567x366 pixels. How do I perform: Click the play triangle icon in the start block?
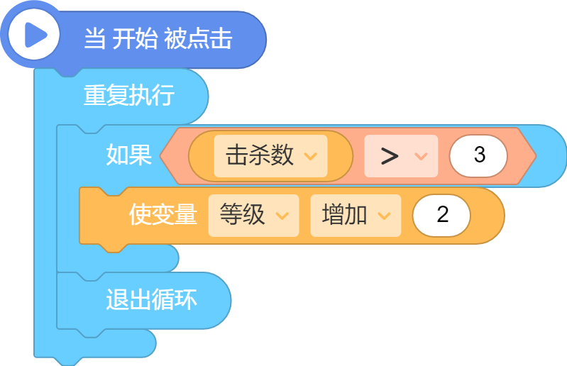pos(35,35)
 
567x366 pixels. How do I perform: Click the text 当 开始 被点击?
pos(158,38)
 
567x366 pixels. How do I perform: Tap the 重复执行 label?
pos(129,95)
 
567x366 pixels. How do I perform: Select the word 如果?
pos(128,155)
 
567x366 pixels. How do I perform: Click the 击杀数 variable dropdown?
pos(270,156)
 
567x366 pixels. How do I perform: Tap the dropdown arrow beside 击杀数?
pos(311,156)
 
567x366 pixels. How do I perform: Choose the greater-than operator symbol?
pos(390,156)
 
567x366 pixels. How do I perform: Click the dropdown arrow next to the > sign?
pos(422,156)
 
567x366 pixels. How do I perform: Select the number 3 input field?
pos(478,156)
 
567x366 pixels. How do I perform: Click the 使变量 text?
pos(163,214)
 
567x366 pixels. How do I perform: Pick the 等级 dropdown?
pos(253,216)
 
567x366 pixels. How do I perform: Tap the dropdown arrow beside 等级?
pos(282,216)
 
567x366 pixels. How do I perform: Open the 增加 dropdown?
pos(356,216)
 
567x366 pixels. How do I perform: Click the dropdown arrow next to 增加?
pos(384,216)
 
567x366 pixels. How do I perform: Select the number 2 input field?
pos(441,216)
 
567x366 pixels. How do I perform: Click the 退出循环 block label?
pos(152,299)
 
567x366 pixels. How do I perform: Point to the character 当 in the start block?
pos(95,38)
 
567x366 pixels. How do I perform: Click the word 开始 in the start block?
pos(136,38)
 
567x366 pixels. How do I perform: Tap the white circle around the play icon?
pos(34,35)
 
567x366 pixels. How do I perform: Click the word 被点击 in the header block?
pos(198,38)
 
